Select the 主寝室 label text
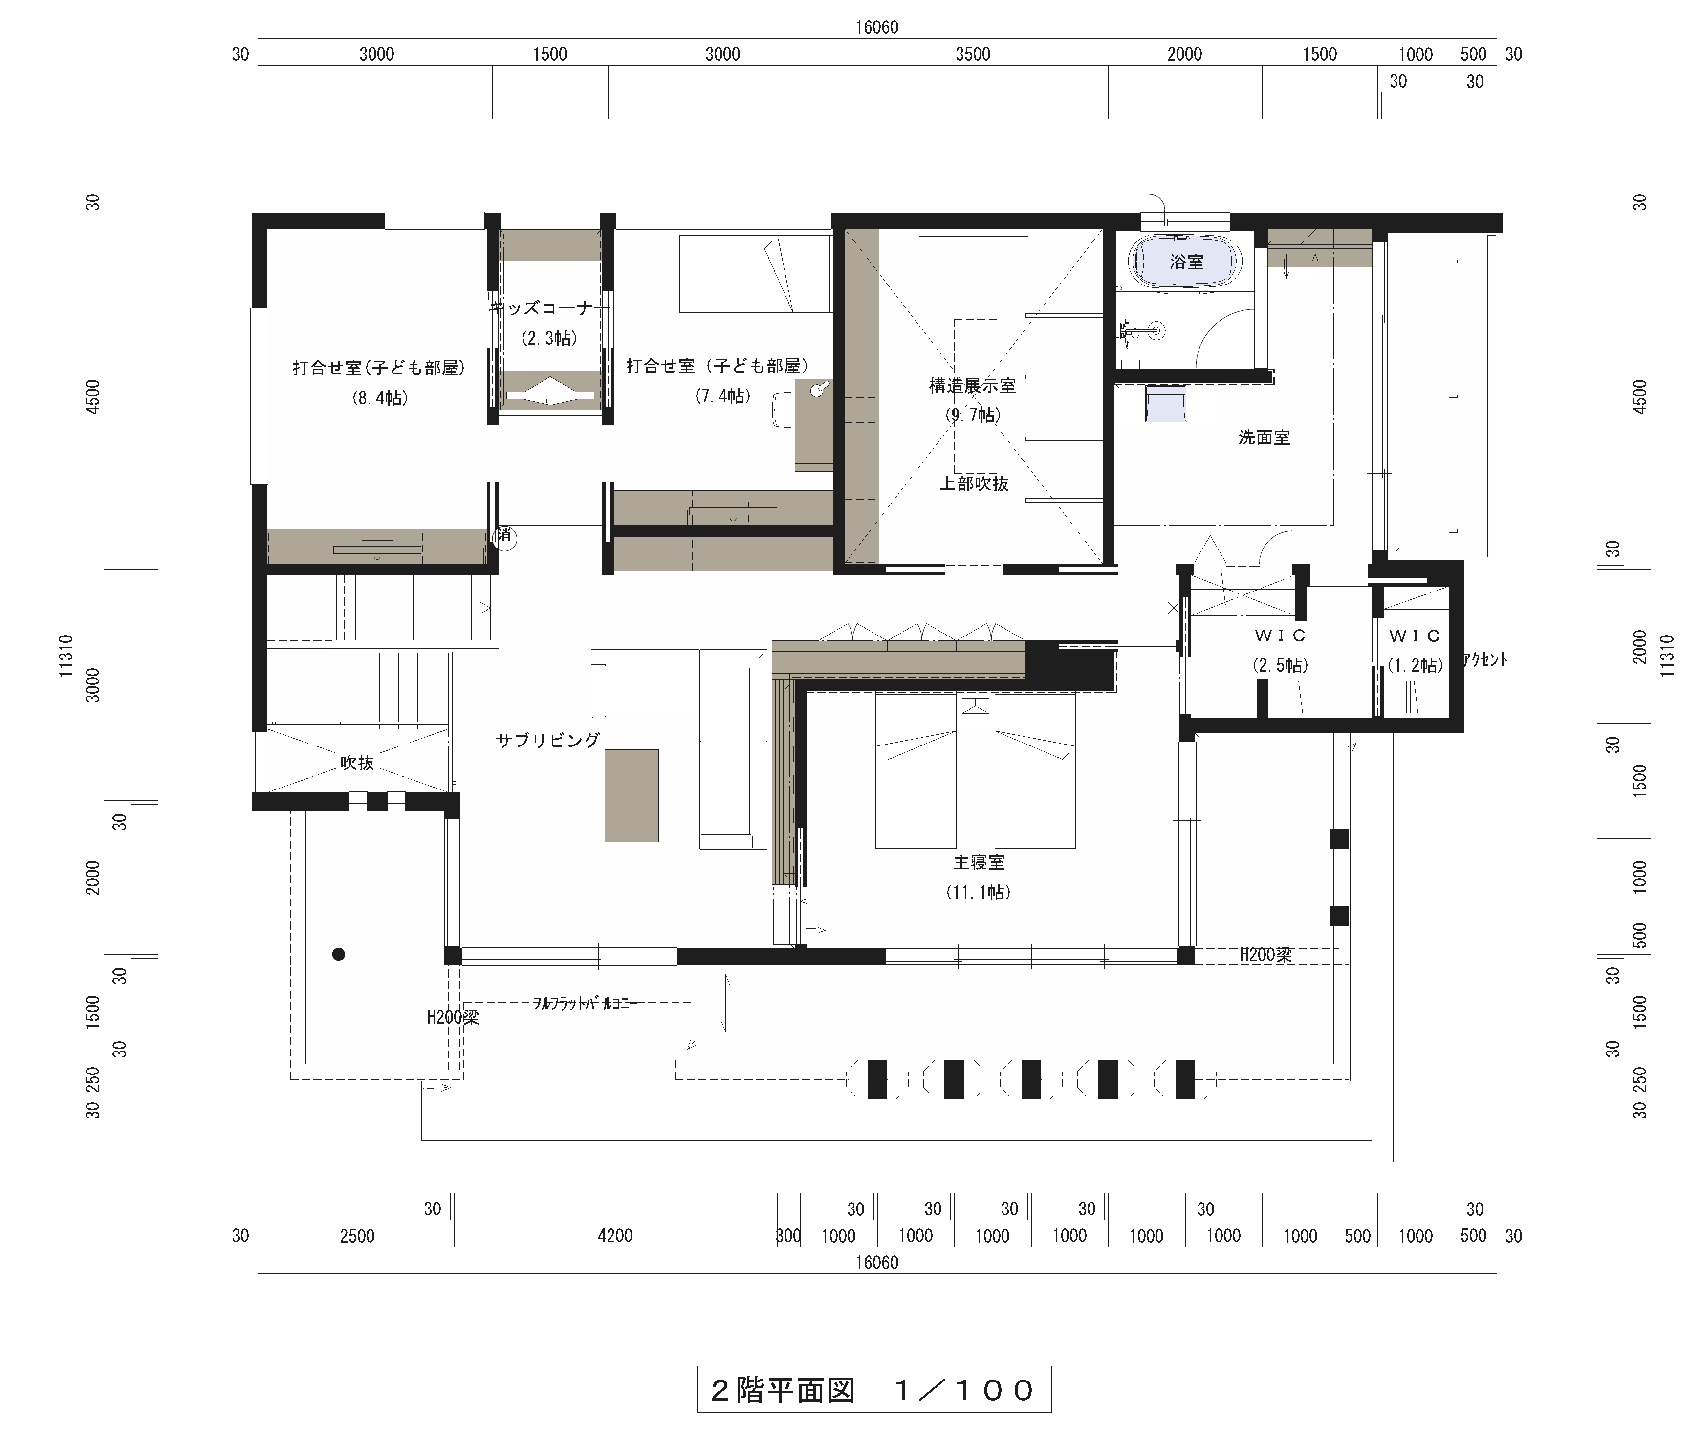(979, 862)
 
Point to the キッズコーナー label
(549, 308)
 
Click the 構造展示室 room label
(973, 386)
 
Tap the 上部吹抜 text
(974, 484)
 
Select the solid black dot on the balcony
(338, 954)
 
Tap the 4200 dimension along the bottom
(615, 1235)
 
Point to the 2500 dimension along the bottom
(357, 1235)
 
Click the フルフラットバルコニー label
(585, 1003)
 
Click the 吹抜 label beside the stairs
(358, 763)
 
